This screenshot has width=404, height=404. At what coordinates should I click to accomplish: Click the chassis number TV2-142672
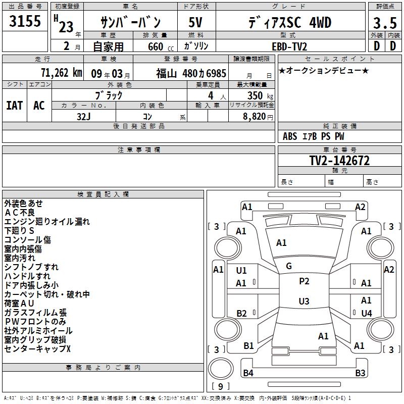pos(339,161)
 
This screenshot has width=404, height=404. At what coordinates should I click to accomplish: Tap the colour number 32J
pos(84,116)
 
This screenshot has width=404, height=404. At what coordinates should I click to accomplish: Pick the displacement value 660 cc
pos(155,46)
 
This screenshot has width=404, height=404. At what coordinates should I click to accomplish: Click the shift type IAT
pos(14,106)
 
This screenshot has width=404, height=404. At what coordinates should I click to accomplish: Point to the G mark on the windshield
pos(289,266)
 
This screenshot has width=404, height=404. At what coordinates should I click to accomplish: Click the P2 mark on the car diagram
pos(304,281)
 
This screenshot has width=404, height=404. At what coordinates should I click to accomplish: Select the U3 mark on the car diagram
pos(304,301)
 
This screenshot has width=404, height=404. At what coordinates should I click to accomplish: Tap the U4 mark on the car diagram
pos(367,313)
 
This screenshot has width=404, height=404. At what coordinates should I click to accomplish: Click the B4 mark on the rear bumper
pos(248,373)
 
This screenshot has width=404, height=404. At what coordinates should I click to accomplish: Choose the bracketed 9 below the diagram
pos(220,386)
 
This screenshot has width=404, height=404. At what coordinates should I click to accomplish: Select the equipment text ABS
pos(290,136)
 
